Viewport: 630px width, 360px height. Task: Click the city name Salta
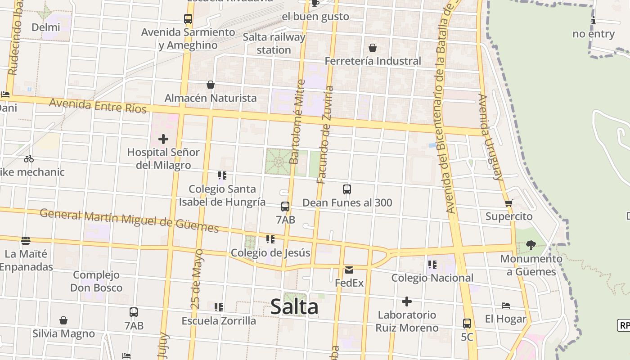[x=294, y=307]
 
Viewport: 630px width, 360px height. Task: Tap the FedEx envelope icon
[x=349, y=270]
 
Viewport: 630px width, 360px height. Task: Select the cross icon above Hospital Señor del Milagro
[x=163, y=139]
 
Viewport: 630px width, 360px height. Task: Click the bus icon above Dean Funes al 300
[x=346, y=189]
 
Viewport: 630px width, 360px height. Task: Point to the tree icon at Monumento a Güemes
[x=531, y=245]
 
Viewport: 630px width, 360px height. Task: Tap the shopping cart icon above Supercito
[x=509, y=203]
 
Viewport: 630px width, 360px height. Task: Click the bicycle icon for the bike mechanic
[x=29, y=159]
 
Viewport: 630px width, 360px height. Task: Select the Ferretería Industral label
[x=373, y=61]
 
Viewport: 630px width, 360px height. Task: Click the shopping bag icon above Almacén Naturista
[x=210, y=85]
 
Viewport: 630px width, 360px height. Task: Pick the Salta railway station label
[x=274, y=43]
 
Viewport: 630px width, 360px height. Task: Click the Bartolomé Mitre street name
[x=297, y=121]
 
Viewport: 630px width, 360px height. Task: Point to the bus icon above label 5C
[x=467, y=323]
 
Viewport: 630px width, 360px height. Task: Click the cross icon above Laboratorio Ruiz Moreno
[x=407, y=301]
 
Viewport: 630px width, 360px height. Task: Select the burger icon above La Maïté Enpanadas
[x=26, y=241]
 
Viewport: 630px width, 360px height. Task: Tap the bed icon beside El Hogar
[x=506, y=306]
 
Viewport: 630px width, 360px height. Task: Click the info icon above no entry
[x=594, y=20]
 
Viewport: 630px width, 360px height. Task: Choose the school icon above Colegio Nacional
[x=432, y=265]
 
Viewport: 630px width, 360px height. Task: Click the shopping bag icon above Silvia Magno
[x=63, y=320]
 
